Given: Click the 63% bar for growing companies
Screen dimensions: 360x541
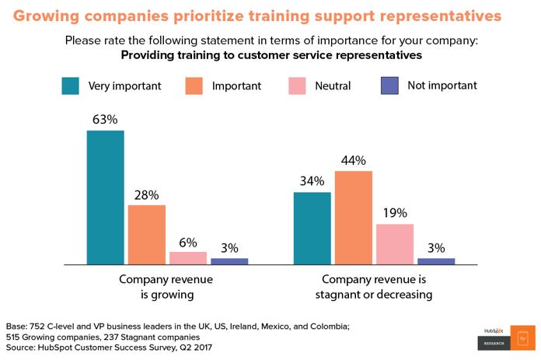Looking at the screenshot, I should [x=105, y=197].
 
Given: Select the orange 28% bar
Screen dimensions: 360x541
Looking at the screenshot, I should [x=146, y=235].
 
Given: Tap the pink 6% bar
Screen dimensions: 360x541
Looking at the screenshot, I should [x=188, y=258].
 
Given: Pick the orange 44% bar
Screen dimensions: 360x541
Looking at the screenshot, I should [x=354, y=218].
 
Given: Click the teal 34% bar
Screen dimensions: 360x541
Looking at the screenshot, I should [x=312, y=228].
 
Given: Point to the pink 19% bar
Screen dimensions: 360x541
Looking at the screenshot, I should [x=395, y=244].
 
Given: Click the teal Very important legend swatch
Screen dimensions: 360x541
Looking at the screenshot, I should [x=71, y=86].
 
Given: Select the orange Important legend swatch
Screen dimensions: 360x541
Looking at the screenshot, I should [x=194, y=86].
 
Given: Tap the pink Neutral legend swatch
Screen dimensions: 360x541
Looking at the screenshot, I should [x=296, y=86].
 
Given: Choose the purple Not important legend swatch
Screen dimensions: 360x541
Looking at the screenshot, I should [x=390, y=86].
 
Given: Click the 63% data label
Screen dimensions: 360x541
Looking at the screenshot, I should [x=105, y=120].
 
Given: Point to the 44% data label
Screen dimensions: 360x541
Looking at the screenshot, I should [x=354, y=160].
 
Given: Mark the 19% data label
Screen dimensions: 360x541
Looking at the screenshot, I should [x=395, y=213].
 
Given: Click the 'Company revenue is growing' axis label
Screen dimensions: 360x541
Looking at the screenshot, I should [x=166, y=287].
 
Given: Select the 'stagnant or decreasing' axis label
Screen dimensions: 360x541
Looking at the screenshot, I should [x=373, y=295].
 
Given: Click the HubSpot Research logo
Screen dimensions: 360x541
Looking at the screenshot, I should [x=506, y=337].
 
